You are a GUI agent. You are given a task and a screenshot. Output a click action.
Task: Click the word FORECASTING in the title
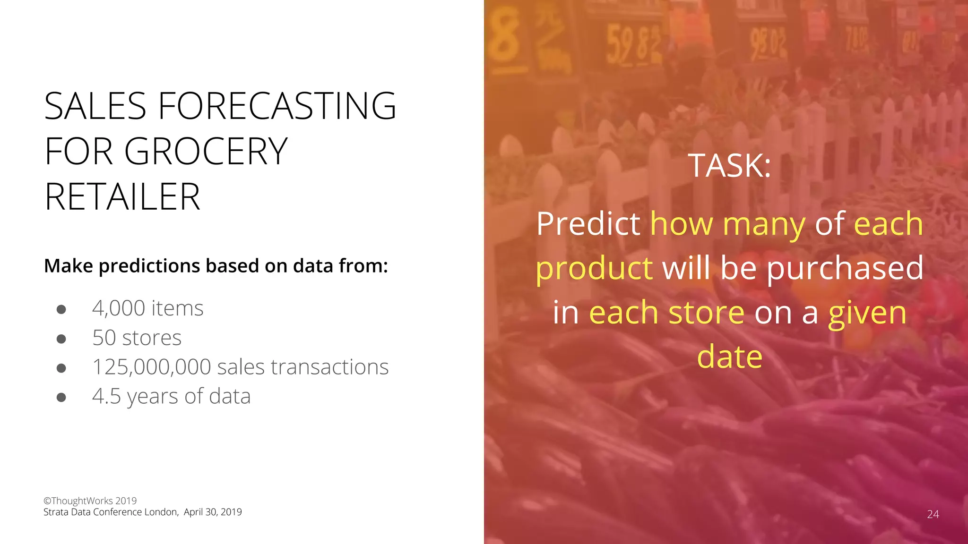pyautogui.click(x=277, y=106)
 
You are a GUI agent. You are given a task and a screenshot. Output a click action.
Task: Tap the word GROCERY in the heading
pyautogui.click(x=206, y=151)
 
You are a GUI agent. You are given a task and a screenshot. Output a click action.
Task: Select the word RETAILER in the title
pyautogui.click(x=122, y=197)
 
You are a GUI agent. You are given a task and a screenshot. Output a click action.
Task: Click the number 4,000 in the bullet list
pyautogui.click(x=119, y=308)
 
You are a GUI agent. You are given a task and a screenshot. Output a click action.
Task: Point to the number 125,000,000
pyautogui.click(x=151, y=367)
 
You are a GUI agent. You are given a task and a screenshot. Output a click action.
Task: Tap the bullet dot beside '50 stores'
pyautogui.click(x=61, y=339)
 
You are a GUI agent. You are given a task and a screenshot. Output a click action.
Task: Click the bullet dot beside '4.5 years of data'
pyautogui.click(x=61, y=397)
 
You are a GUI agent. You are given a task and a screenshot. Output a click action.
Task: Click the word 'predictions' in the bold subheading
pyautogui.click(x=150, y=266)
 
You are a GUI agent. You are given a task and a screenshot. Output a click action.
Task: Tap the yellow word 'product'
pyautogui.click(x=594, y=268)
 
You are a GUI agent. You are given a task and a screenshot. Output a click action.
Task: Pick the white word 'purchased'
pyautogui.click(x=845, y=268)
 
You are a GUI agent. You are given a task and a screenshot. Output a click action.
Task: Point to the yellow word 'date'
pyautogui.click(x=729, y=357)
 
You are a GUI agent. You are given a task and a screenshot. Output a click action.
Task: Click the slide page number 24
pyautogui.click(x=933, y=514)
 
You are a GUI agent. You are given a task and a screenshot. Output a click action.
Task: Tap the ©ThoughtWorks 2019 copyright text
pyautogui.click(x=90, y=501)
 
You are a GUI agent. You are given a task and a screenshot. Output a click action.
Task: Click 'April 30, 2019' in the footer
pyautogui.click(x=213, y=512)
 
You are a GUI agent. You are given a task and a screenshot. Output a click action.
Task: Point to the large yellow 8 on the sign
pyautogui.click(x=504, y=38)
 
